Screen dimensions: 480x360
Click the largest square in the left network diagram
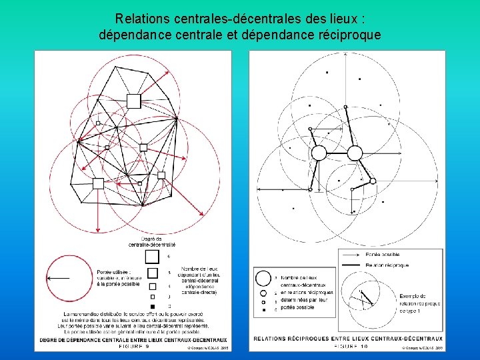coord(133,101)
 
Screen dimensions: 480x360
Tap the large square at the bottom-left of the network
coord(98,183)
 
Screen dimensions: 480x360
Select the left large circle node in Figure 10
coord(319,153)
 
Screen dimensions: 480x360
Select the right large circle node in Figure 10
coord(355,153)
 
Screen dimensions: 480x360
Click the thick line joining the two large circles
coord(337,153)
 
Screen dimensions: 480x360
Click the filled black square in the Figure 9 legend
coord(153,306)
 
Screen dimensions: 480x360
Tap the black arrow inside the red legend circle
coord(60,277)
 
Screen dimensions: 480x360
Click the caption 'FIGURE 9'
coord(133,346)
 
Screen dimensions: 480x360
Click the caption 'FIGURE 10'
coord(345,346)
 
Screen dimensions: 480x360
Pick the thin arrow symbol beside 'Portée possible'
coord(351,254)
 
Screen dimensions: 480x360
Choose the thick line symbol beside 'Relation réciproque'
coord(351,265)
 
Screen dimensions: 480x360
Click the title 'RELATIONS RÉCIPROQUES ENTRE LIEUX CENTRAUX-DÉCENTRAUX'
coord(347,339)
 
